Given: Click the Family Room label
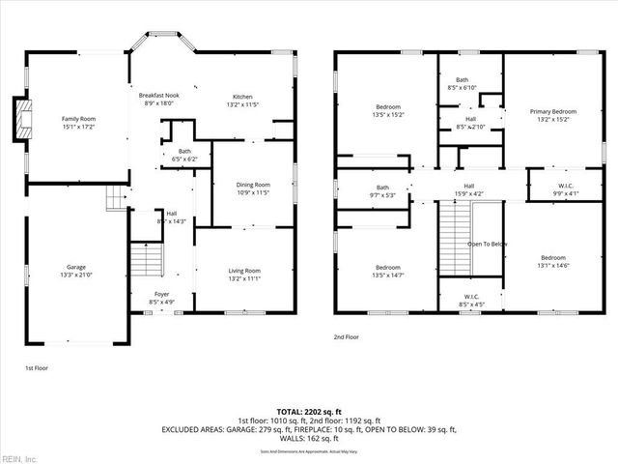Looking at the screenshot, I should pos(79,123).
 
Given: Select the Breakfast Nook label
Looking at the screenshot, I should pos(159,100).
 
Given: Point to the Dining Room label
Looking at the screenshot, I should pos(253,188).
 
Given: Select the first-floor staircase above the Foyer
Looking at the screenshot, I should pos(146,259).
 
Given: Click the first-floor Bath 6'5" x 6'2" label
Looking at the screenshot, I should pos(183,156).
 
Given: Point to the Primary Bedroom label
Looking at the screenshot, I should pos(552,116).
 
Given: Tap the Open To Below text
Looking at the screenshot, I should pos(489,244).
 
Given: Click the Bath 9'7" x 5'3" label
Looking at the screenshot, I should pos(382,191).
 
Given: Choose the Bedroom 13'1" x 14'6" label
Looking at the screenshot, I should pos(552,262).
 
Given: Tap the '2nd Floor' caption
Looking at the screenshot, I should pos(347,336).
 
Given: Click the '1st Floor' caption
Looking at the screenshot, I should pos(37,368).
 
